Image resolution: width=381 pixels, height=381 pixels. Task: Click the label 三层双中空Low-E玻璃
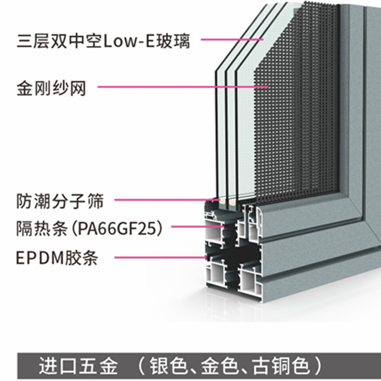click(x=103, y=41)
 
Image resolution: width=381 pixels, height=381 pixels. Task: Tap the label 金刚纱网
click(x=51, y=88)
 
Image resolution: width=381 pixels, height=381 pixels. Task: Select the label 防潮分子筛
click(x=60, y=201)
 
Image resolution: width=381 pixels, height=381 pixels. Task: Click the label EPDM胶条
click(x=57, y=259)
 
